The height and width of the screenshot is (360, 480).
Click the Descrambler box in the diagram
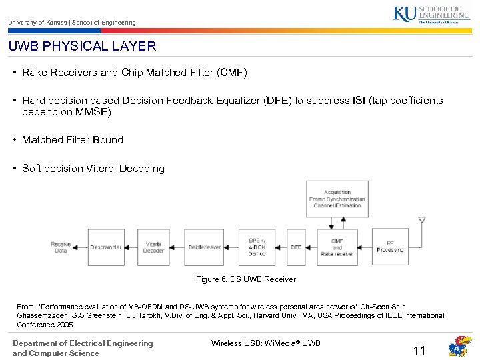[x=106, y=247]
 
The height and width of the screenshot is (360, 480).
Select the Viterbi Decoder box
[x=153, y=247]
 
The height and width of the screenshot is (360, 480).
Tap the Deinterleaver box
[x=204, y=247]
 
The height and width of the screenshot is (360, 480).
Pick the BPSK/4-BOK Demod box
[x=257, y=247]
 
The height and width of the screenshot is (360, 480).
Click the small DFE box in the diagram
[x=296, y=247]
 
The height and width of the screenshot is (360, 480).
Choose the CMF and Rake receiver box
[x=337, y=247]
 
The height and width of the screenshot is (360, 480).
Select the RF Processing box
[x=390, y=247]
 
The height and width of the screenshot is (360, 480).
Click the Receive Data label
[x=61, y=247]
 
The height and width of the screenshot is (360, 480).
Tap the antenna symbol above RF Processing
[x=421, y=221]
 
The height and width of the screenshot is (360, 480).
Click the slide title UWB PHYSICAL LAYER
[x=82, y=47]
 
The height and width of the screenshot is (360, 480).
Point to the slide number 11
[x=419, y=351]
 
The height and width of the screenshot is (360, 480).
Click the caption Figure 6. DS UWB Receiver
[x=246, y=279]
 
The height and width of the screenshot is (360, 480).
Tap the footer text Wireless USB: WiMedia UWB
[x=265, y=343]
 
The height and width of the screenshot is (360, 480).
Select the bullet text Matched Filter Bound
[x=72, y=140]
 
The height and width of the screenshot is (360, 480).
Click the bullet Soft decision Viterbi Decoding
[x=93, y=169]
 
